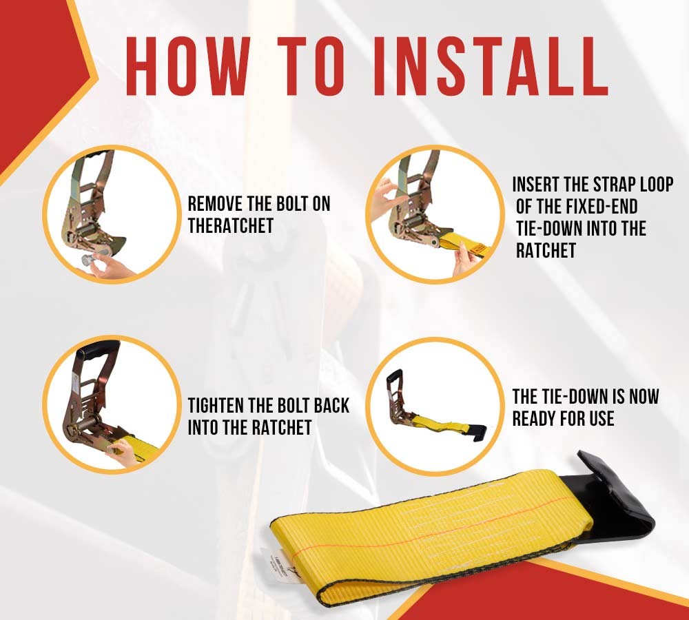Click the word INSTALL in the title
coord(491,66)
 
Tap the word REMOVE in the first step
coord(216,204)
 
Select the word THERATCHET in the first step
coord(231,226)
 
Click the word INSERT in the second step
coord(535,185)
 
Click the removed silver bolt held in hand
coord(90,260)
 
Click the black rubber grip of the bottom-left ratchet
coord(97,351)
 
